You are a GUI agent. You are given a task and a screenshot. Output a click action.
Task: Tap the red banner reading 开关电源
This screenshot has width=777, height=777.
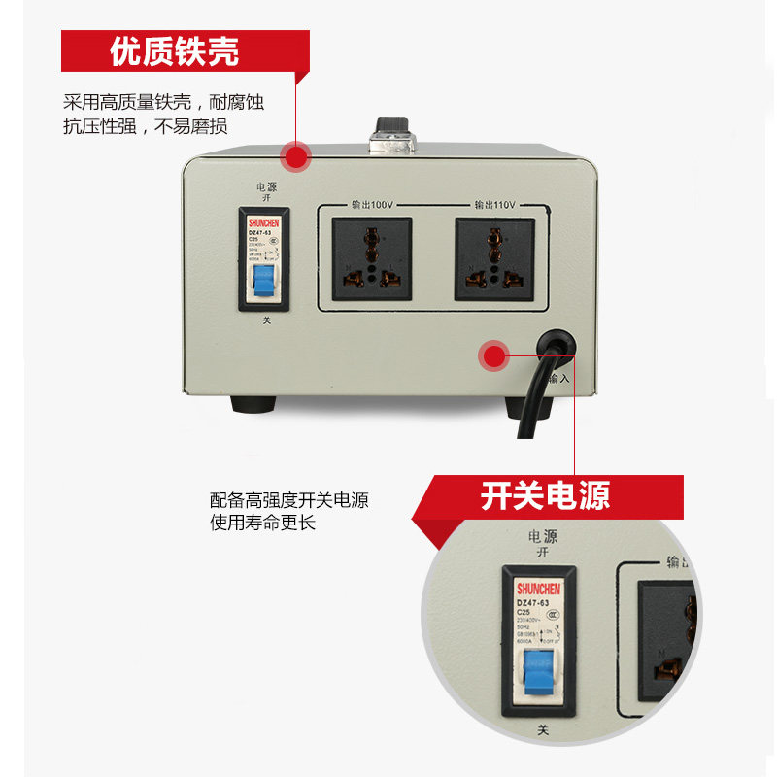pyautogui.click(x=546, y=496)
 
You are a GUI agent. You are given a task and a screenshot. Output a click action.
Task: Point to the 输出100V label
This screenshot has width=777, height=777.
pyautogui.click(x=371, y=205)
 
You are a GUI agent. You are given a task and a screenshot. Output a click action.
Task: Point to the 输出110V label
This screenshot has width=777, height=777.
pyautogui.click(x=494, y=205)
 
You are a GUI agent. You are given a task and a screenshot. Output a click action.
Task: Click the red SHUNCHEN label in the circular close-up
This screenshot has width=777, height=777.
pyautogui.click(x=537, y=589)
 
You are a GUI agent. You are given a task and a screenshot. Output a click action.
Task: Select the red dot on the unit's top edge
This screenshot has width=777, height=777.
pyautogui.click(x=294, y=155)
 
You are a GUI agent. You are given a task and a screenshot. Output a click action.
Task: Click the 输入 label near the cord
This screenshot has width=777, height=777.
pyautogui.click(x=559, y=378)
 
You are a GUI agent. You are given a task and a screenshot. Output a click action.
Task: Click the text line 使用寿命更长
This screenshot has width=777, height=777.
pyautogui.click(x=263, y=522)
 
